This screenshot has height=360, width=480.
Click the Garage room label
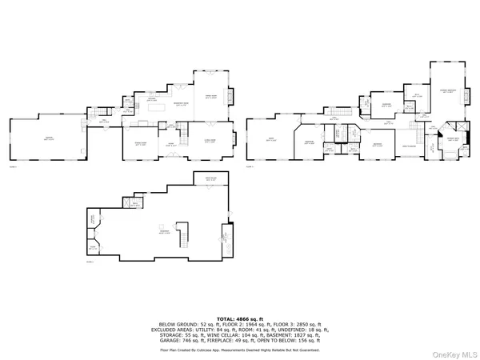(x=48, y=138)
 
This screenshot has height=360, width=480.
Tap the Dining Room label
(x=140, y=144)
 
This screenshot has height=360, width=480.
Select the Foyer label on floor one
(x=170, y=145)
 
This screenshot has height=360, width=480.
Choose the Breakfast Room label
(x=181, y=104)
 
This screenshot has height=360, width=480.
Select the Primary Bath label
(x=452, y=139)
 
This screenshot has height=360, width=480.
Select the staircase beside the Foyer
(x=183, y=132)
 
